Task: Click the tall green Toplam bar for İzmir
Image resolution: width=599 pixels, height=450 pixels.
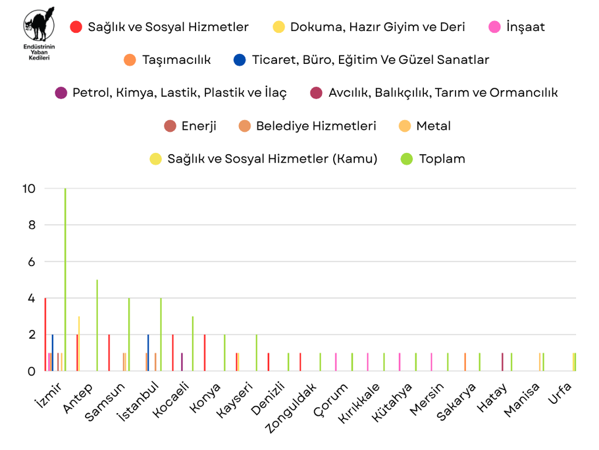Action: tap(65, 280)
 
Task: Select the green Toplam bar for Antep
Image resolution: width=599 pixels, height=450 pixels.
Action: tap(97, 325)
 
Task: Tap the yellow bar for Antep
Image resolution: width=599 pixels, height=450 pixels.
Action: tap(79, 343)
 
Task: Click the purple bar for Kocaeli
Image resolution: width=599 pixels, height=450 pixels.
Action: tap(182, 362)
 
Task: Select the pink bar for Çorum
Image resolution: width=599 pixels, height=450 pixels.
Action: tap(336, 362)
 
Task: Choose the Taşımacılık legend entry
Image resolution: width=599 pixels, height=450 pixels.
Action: tap(167, 60)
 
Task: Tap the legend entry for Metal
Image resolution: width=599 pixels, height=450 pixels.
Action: tap(425, 126)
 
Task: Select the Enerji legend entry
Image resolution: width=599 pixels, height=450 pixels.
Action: tap(190, 126)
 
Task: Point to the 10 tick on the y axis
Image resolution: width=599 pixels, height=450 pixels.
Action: tap(28, 188)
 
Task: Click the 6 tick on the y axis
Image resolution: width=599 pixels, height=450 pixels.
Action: tap(31, 262)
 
